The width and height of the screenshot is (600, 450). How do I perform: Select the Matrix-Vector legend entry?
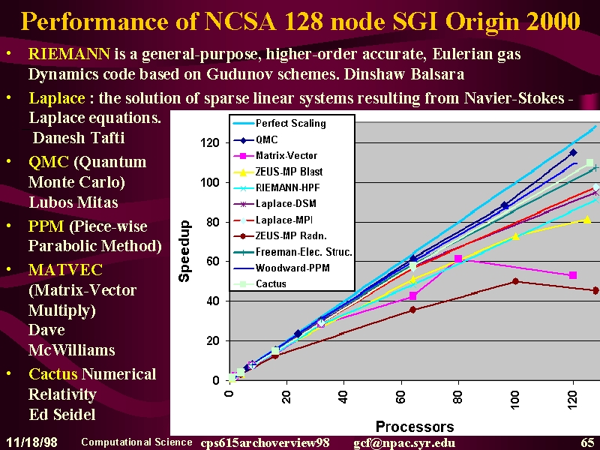pos(275,155)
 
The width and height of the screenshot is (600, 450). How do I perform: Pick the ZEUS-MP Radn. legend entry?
pos(280,235)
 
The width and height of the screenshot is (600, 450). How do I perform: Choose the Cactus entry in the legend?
pos(259,284)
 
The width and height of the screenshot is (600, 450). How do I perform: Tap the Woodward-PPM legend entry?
pos(282,268)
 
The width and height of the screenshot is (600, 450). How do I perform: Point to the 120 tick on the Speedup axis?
pos(210,142)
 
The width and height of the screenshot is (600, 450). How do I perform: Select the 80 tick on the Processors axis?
pos(457,397)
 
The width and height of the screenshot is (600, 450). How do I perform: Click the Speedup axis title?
pos(184,251)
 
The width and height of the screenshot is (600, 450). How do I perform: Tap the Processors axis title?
pos(415,426)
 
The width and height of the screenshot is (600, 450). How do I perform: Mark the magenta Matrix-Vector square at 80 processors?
pos(458,259)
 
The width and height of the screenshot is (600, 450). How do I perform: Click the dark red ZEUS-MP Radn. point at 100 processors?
pos(515,281)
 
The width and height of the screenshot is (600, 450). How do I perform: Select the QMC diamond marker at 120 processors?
pos(573,153)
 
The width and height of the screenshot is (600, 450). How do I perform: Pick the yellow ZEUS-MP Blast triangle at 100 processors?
pos(515,236)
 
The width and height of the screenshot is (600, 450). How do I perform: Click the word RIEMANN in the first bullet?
pos(69,54)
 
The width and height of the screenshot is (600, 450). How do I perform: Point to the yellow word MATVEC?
pos(65,270)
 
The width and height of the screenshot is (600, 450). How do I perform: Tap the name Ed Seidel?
pos(62,415)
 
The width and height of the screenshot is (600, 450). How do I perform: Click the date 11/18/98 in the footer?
pos(31,442)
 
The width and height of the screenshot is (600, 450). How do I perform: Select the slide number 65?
pos(587,442)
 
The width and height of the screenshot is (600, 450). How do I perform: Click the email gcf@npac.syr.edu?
pos(404,442)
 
